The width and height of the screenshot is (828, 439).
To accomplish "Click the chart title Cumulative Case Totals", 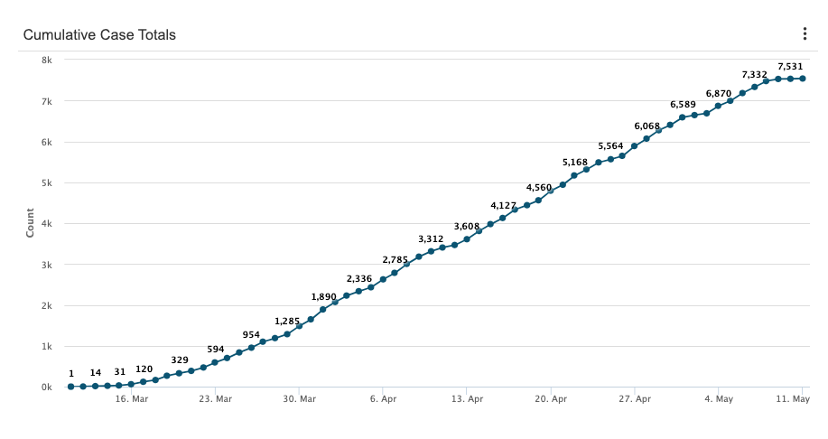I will pos(99,35).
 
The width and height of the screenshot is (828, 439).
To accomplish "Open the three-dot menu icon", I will pos(805,34).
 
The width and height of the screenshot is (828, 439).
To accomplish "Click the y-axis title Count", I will pos(30,223).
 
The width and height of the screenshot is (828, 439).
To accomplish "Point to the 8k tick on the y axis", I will pos(45,61).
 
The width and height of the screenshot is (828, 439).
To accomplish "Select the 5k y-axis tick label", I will pos(45,183).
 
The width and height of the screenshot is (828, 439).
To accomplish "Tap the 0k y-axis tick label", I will pos(45,388).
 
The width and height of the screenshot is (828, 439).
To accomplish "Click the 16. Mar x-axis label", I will pos(131,398).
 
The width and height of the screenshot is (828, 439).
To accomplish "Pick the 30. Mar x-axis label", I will pos(299,398).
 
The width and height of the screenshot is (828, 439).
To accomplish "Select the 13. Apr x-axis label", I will pos(467,398).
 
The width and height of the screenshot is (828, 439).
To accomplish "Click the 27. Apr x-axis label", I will pos(635,398).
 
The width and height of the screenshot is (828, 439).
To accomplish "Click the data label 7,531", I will pos(790,66).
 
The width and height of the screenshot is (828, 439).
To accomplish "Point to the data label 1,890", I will pos(323,296).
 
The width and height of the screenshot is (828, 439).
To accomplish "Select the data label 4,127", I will pos(503,205).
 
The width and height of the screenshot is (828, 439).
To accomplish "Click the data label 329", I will pos(180,360).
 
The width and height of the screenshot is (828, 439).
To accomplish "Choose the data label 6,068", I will pos(647,126).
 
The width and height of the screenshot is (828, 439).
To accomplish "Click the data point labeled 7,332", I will pos(755,87).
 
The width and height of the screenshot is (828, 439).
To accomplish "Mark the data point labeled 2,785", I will pos(395,273).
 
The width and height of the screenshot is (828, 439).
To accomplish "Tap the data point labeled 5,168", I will pos(574,175).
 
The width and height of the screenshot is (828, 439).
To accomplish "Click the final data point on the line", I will pos(803,79).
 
